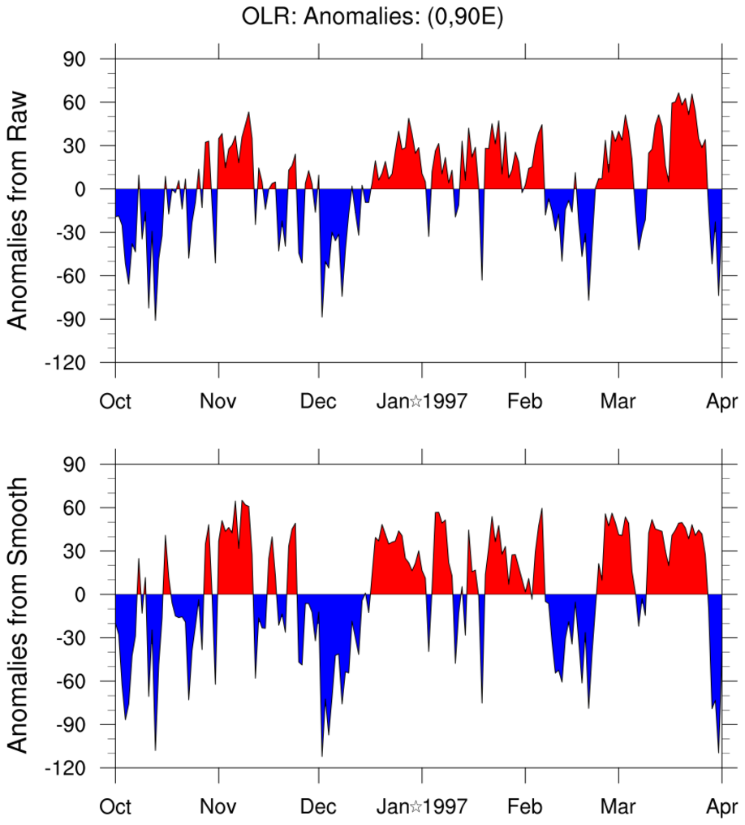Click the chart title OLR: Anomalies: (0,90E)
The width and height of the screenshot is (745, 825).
coord(372,17)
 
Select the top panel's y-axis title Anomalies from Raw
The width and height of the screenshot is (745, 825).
coord(18,209)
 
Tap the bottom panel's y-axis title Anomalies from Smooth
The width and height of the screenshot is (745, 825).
coord(18,615)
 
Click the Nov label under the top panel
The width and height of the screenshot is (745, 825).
coord(218,401)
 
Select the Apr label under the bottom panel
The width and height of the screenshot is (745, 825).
coord(721,807)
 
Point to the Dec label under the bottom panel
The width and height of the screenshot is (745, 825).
coord(319,807)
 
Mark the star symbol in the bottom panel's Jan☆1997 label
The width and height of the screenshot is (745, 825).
coord(415,807)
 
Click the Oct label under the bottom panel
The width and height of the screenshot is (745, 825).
coord(115,807)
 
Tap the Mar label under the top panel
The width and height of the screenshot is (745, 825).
coord(618,401)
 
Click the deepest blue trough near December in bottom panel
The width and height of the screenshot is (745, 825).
coord(322,755)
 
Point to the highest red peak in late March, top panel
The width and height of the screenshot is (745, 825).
coord(678,93)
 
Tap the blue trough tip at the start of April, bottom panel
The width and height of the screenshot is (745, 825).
coord(719,752)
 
